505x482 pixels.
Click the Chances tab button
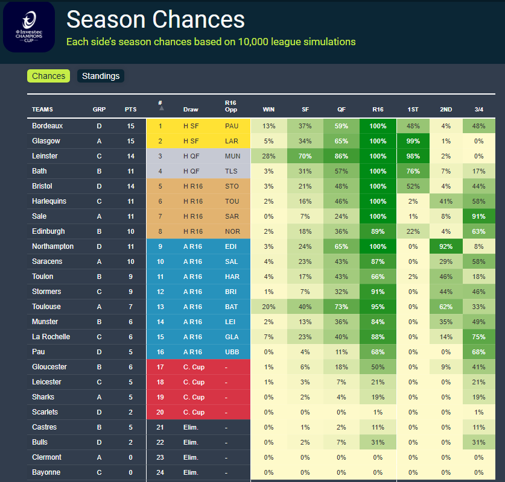click(48, 76)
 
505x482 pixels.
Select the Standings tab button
click(101, 76)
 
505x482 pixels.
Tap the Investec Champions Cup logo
click(28, 28)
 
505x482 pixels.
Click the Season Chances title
click(156, 19)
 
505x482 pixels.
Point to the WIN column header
click(268, 110)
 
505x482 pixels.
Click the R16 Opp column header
click(230, 106)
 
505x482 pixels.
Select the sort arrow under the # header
click(160, 110)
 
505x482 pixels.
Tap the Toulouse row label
click(46, 307)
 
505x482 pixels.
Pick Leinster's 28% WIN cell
click(268, 156)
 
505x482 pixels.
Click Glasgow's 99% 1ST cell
click(413, 141)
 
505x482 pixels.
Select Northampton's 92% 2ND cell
click(446, 246)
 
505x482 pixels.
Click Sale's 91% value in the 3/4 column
click(479, 216)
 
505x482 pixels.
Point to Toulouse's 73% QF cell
click(341, 307)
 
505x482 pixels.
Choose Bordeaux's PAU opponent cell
click(232, 126)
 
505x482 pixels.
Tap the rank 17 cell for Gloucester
click(160, 367)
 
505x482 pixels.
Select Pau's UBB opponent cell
click(232, 352)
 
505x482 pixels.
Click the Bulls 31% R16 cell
click(378, 442)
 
